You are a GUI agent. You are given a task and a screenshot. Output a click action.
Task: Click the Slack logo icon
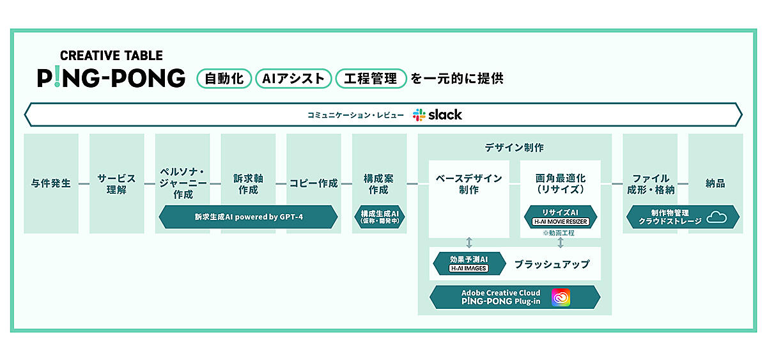point(419,115)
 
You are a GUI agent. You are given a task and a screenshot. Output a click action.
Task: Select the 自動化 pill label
point(224,79)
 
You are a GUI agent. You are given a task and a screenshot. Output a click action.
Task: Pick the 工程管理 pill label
point(371,79)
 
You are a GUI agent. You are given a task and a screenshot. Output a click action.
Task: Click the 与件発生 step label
point(51,184)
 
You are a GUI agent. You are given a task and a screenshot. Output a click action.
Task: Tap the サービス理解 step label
point(116,184)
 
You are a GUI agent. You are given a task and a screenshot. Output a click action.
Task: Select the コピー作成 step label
point(313,184)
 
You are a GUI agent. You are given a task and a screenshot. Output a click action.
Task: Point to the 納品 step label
point(715,184)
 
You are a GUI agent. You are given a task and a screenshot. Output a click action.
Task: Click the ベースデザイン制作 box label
point(469,184)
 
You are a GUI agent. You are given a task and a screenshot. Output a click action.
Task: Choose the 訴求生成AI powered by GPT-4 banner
point(248,217)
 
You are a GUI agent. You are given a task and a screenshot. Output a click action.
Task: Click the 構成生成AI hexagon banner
point(379,217)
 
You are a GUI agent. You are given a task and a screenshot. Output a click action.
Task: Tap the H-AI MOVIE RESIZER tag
point(560,222)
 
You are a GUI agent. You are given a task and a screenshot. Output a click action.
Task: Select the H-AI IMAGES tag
point(469,268)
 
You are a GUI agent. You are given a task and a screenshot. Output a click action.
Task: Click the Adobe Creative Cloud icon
point(561,297)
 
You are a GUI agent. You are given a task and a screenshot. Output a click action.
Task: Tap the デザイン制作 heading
point(515,147)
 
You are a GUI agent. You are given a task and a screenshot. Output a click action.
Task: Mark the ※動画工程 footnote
point(559,233)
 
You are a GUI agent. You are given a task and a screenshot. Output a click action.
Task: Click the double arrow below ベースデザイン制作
point(469,242)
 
